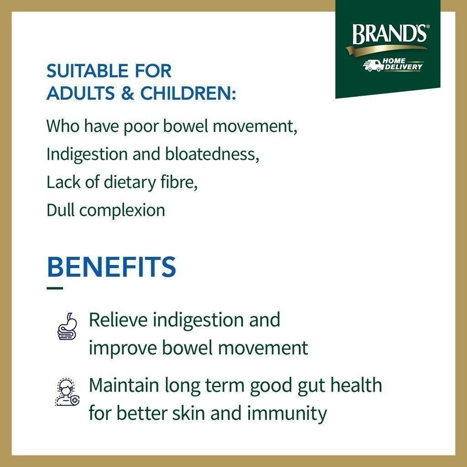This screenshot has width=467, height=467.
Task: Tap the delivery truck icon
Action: [373, 66]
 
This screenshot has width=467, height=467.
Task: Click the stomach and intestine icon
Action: [67, 327]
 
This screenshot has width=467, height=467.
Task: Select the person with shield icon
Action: [67, 392]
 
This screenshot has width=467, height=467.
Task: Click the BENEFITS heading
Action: [111, 266]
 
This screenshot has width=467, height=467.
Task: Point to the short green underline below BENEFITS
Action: [55, 288]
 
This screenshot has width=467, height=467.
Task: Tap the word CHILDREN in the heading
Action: [186, 93]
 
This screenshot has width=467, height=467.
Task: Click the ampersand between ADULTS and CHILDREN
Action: [128, 93]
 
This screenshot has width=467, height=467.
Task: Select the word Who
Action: [63, 126]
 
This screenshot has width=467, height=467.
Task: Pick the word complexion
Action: [122, 211]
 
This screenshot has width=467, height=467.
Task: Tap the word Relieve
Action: [118, 320]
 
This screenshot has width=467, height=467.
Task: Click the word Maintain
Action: [124, 385]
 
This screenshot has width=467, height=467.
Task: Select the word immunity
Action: [287, 414]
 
